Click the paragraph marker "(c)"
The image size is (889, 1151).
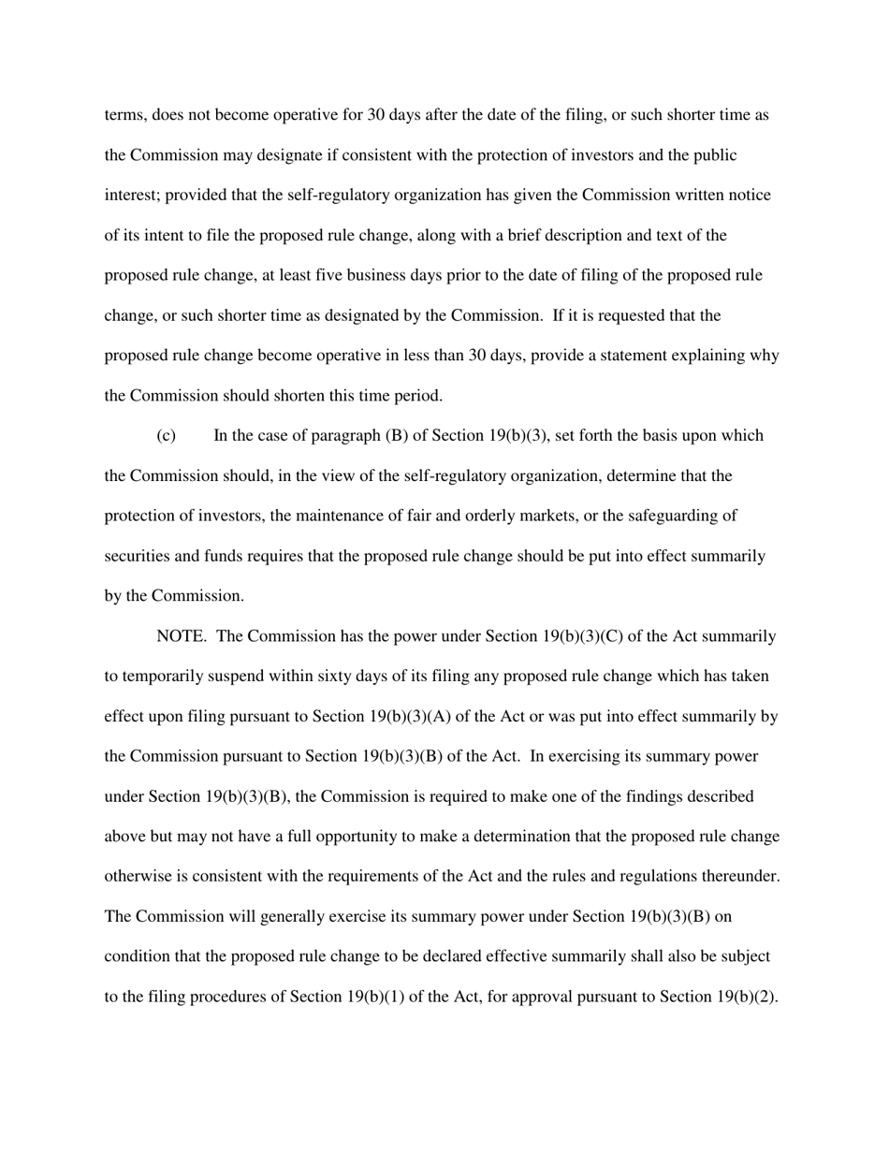166,436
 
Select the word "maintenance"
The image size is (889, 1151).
348,516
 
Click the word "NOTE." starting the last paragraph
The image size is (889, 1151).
182,636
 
